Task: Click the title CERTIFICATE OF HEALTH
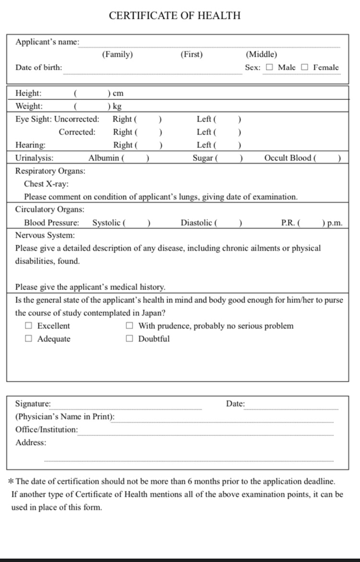point(175,15)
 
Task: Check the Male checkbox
point(269,68)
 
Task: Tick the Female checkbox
point(305,68)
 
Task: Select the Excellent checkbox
point(29,326)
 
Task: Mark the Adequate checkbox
point(29,339)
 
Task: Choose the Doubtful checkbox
point(130,339)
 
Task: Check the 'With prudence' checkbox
point(130,326)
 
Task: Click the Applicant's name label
point(47,42)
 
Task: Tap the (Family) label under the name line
point(117,55)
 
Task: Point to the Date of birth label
point(38,68)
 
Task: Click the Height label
point(28,93)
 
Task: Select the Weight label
point(29,106)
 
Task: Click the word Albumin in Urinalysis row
point(104,158)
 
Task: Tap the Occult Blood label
point(288,158)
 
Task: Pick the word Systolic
point(106,223)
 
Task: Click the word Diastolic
point(197,223)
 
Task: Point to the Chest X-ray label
point(46,184)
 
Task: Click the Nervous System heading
point(45,235)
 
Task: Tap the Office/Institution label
point(47,430)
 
